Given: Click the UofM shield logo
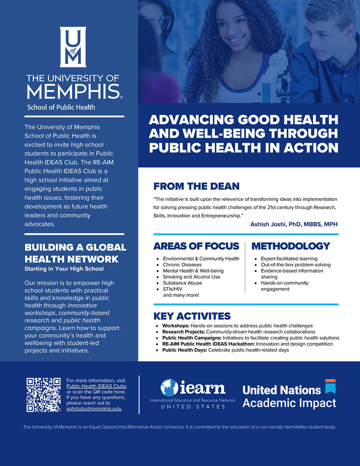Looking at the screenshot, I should point(73,47).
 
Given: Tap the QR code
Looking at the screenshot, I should point(43,395).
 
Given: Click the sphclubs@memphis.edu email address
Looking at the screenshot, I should point(94,409).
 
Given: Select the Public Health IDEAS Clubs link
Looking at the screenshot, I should point(96,386).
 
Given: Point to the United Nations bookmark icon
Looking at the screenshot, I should point(330,386).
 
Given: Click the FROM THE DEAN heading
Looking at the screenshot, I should point(196,186).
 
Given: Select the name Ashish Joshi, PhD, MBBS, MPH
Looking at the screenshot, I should point(294,224).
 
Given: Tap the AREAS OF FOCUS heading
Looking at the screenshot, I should point(196,246).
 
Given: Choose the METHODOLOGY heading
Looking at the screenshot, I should point(291,246).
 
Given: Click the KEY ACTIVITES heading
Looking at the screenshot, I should point(192,316).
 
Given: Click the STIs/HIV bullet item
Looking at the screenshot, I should point(172,289).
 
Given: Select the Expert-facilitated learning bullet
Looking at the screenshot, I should point(289,259).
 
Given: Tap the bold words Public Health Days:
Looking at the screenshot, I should point(184,350).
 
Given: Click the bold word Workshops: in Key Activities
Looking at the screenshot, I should point(176,326).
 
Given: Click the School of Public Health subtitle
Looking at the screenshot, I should point(61,107).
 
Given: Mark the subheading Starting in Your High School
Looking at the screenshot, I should point(64,269).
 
